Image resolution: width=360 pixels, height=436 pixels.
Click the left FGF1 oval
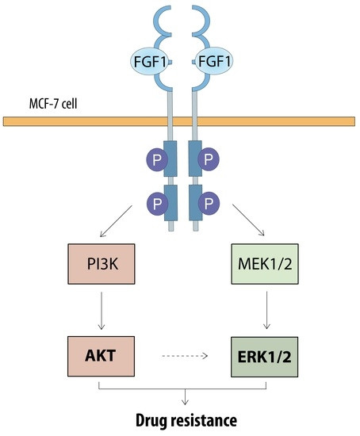click(x=149, y=61)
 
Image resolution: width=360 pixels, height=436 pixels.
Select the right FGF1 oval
click(x=213, y=61)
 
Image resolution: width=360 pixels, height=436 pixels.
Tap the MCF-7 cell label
click(x=53, y=103)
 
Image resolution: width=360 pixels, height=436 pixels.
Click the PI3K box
click(x=101, y=264)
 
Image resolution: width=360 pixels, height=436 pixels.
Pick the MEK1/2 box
click(x=265, y=264)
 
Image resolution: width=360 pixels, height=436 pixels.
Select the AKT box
click(x=101, y=356)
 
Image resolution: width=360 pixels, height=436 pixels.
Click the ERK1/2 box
click(x=265, y=357)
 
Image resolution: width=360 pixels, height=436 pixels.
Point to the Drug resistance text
click(x=186, y=420)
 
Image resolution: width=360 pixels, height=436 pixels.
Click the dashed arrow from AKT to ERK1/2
click(x=185, y=356)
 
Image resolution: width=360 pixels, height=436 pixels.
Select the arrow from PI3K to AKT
click(x=101, y=311)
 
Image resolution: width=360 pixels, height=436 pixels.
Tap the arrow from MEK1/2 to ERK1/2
click(x=266, y=310)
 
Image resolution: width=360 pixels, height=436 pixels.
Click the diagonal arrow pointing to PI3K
click(x=116, y=221)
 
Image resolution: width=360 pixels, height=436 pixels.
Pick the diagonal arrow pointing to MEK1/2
click(x=248, y=220)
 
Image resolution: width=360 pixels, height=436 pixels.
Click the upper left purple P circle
click(x=157, y=159)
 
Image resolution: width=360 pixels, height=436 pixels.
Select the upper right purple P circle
click(x=209, y=159)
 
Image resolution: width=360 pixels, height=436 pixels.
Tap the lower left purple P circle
click(x=158, y=204)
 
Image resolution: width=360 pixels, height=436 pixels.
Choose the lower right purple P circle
click(x=209, y=204)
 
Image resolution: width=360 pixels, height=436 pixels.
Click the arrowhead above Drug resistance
click(x=185, y=402)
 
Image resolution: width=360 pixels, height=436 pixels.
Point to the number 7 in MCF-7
click(x=57, y=104)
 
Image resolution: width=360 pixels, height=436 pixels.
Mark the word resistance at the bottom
click(x=204, y=420)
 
